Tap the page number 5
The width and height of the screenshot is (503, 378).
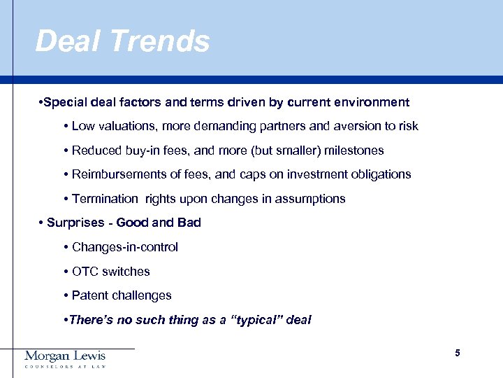(458, 353)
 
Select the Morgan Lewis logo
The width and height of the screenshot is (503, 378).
(65, 358)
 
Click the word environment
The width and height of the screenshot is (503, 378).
(370, 103)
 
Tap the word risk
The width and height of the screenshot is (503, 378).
(407, 127)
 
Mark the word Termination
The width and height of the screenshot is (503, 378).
(105, 199)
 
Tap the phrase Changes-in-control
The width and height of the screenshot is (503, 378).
(125, 247)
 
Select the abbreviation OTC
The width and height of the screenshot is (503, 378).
(85, 272)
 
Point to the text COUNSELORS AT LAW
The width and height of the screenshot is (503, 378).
(65, 367)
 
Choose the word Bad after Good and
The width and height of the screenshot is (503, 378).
(189, 223)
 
